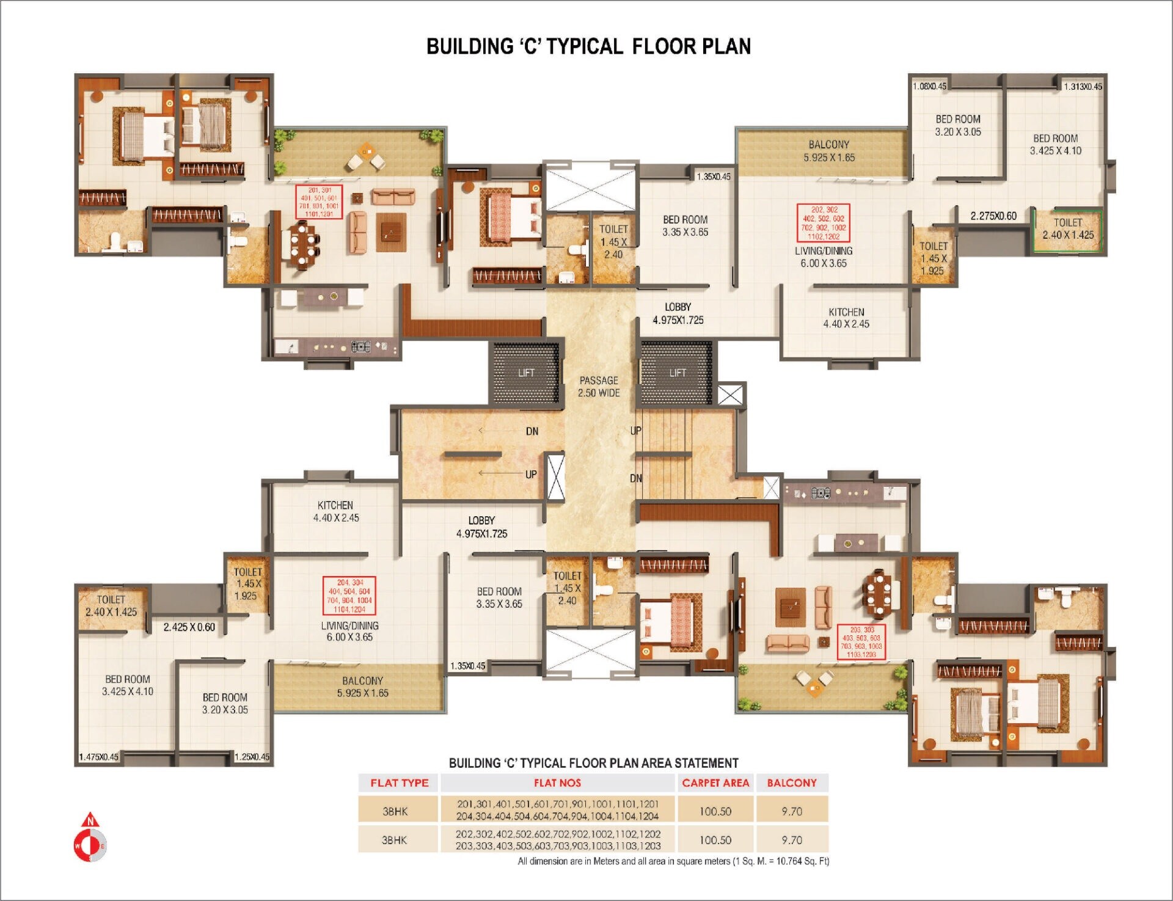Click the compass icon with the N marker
point(90,839)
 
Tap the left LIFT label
point(526,373)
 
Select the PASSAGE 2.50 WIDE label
point(599,387)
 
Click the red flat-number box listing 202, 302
point(823,223)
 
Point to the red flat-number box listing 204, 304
point(349,596)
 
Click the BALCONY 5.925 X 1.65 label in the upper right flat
point(828,151)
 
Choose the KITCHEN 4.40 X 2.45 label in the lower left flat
point(335,512)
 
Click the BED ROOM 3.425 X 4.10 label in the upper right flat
point(1055,145)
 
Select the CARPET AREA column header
point(715,783)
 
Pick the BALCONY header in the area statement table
point(792,783)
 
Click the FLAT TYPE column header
point(399,783)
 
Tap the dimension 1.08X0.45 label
point(929,86)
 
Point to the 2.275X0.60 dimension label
point(993,216)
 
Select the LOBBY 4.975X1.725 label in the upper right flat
point(678,313)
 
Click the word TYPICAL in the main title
point(584,46)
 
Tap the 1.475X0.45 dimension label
point(98,757)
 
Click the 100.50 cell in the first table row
point(715,811)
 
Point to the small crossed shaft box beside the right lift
point(729,395)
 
